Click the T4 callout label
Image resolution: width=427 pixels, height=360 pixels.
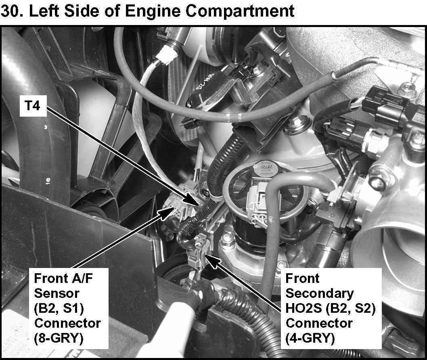(33, 105)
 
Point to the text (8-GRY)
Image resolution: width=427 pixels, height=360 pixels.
(58, 338)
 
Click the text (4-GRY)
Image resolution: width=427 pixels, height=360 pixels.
(310, 338)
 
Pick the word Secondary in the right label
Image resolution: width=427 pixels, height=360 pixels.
(320, 294)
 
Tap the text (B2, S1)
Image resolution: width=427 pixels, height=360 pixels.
(59, 308)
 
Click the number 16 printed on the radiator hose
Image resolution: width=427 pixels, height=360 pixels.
(47, 180)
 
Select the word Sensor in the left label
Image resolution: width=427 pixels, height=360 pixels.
(57, 293)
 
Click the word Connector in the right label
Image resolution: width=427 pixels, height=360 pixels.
(319, 323)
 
